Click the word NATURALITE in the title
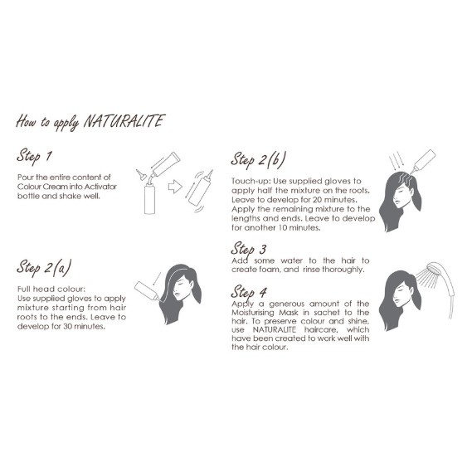tap(124, 121)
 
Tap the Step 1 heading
tap(34, 156)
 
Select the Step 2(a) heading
tap(44, 268)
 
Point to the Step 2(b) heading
tap(258, 159)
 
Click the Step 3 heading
tap(249, 249)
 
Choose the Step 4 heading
tap(249, 292)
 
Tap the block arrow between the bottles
tap(175, 187)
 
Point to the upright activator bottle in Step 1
tap(149, 198)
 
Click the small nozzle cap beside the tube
tap(140, 174)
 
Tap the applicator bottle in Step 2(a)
tap(146, 291)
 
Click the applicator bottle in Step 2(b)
tap(423, 162)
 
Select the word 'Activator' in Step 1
tap(100, 187)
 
